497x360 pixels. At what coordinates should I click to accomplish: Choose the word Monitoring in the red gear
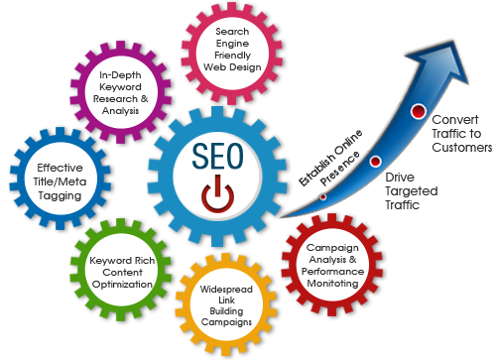point(332,283)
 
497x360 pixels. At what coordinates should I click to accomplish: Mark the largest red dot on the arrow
point(418,110)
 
